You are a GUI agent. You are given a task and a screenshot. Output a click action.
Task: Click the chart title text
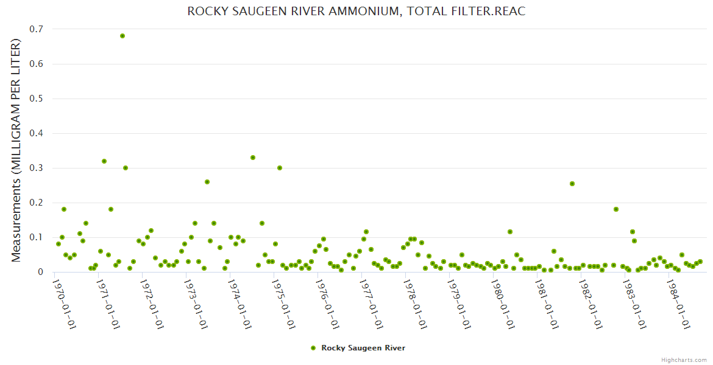356,12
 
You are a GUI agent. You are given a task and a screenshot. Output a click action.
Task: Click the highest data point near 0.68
122,36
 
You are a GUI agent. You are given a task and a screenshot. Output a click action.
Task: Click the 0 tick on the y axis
40,272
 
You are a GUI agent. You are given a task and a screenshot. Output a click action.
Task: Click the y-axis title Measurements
16,150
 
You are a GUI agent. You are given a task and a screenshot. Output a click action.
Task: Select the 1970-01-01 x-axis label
64,304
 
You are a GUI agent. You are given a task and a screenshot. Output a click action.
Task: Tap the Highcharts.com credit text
684,360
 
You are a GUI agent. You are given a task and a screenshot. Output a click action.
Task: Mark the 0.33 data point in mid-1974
253,158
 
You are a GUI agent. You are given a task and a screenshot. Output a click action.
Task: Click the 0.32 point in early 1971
104,161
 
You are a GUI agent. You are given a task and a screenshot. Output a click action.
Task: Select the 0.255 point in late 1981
572,184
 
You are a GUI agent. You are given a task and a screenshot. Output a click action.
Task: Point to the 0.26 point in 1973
207,182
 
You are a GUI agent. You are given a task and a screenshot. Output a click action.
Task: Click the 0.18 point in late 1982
616,209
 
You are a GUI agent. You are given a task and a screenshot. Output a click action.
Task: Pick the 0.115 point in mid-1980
510,232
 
